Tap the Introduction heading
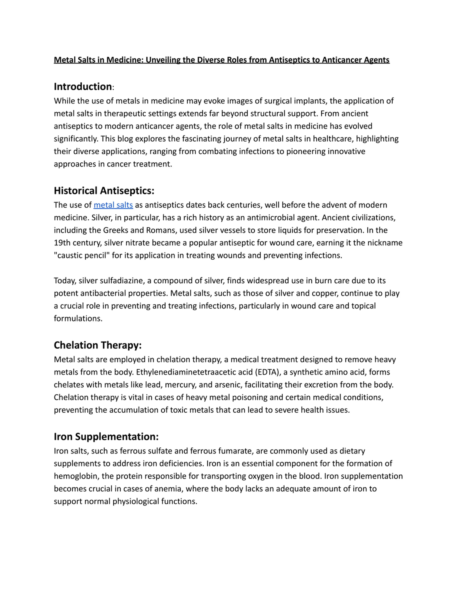pos(83,87)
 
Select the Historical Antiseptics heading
pos(104,191)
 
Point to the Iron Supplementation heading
pos(106,437)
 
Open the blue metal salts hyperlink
pos(113,205)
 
